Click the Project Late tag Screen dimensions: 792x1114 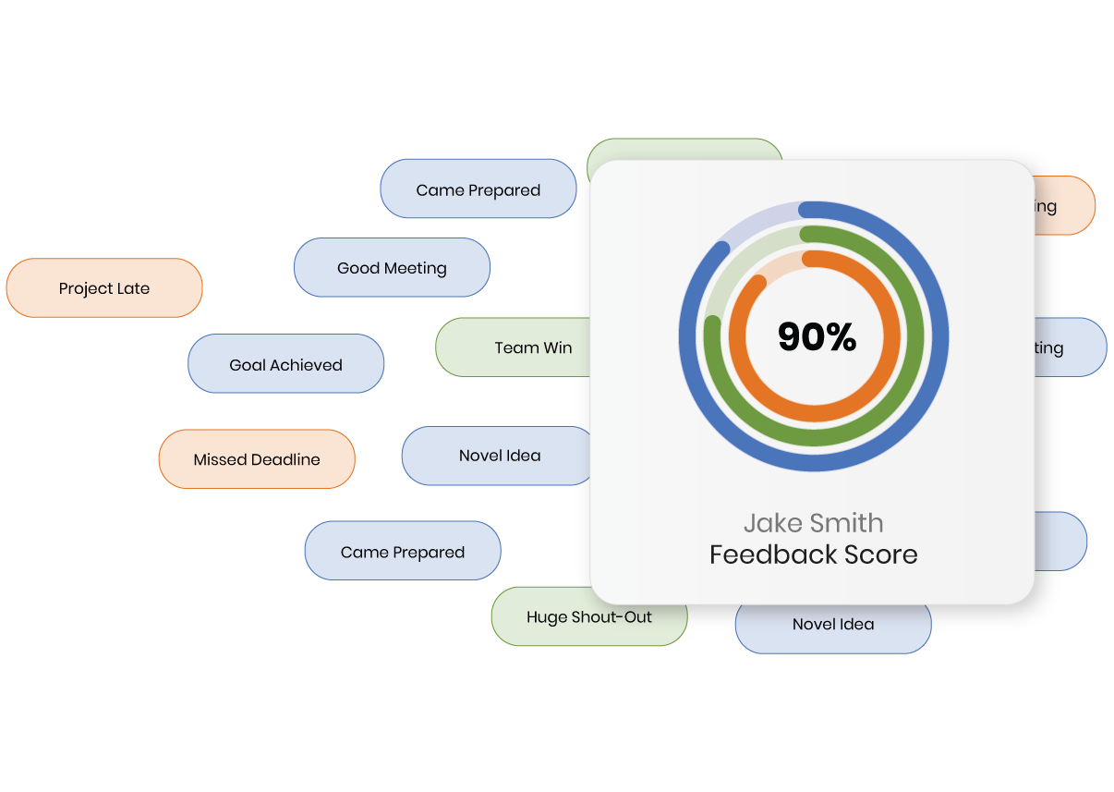click(x=103, y=288)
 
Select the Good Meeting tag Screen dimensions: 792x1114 click(x=392, y=268)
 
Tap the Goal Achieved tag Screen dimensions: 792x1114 click(x=285, y=365)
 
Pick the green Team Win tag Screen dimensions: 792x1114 click(x=517, y=347)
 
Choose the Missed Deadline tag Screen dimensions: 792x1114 click(x=257, y=459)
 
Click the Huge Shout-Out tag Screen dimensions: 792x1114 click(x=588, y=617)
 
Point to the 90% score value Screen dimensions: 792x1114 click(x=817, y=337)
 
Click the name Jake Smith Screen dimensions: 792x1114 click(x=813, y=523)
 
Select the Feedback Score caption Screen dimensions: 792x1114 click(x=813, y=554)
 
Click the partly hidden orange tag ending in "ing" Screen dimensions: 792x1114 click(x=1062, y=206)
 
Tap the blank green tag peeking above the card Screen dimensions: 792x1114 click(x=684, y=150)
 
